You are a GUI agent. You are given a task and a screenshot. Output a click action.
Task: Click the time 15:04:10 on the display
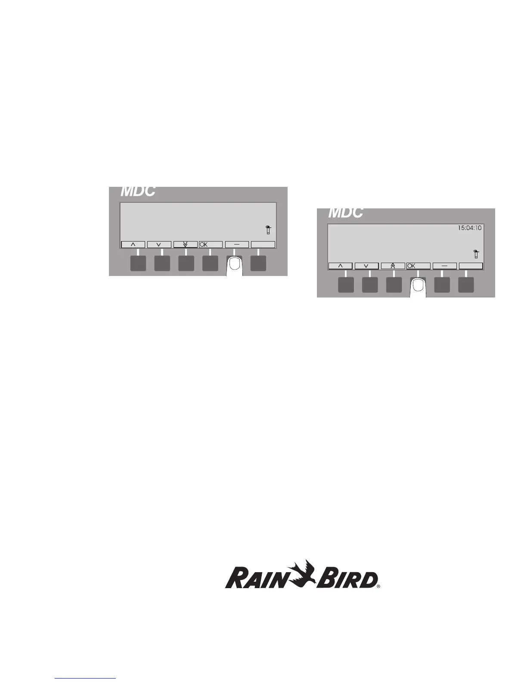point(469,228)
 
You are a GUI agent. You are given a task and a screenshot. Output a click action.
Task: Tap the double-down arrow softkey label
point(185,245)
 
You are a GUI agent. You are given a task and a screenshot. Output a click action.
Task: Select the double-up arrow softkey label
point(393,266)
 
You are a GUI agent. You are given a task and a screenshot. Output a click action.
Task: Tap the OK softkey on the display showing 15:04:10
point(418,266)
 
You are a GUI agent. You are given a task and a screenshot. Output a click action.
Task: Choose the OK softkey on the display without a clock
point(211,245)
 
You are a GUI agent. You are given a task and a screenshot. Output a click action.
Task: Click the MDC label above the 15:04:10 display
point(345,213)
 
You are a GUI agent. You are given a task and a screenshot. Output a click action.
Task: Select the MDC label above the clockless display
point(138,191)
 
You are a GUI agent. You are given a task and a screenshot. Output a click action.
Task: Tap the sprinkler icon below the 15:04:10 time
point(476,254)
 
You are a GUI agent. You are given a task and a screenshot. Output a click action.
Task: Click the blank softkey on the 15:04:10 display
point(471,266)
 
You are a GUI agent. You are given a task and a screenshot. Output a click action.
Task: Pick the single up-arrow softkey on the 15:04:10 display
point(340,266)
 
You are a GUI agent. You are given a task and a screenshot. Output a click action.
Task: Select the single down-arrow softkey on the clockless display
point(159,245)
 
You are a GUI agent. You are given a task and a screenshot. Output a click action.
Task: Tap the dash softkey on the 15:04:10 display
point(444,266)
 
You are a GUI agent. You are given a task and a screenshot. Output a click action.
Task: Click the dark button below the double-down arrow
point(186,263)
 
